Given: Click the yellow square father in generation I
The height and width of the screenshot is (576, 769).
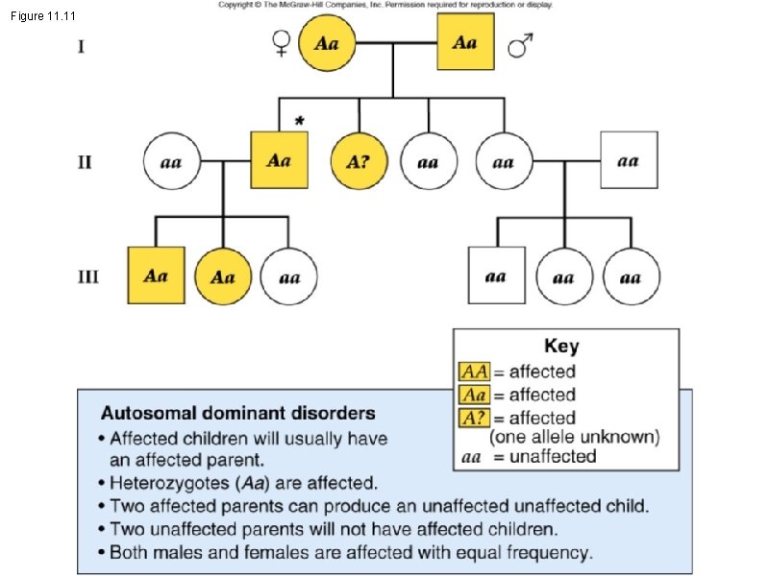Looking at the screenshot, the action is point(466,43).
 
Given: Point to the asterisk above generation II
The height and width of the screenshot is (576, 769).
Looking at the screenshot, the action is point(300,121).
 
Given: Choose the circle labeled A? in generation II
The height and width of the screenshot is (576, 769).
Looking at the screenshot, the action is point(358,161).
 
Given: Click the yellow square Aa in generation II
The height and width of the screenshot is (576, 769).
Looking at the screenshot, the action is point(280,160).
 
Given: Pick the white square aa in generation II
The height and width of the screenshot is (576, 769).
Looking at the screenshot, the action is point(629,160).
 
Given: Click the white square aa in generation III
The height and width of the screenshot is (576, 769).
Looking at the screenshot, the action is point(496,276).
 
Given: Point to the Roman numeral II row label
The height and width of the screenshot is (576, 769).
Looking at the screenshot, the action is point(86,161).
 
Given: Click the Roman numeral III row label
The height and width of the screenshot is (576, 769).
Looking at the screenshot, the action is point(87,276).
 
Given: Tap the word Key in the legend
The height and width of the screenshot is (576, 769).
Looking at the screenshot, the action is point(561,347).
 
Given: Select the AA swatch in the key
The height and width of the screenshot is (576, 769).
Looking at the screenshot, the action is point(474,372).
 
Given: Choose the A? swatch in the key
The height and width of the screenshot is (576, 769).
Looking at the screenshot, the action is point(474,418).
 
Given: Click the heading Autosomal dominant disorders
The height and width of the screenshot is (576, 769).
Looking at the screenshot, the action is point(238,415).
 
